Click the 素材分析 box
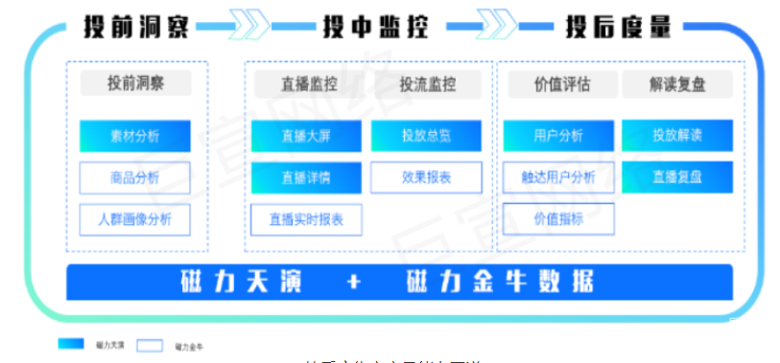click(x=135, y=136)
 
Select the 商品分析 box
click(x=135, y=177)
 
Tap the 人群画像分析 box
click(x=135, y=219)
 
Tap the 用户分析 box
click(x=558, y=136)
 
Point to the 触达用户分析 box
click(x=558, y=177)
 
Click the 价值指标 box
click(x=558, y=219)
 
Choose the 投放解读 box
click(x=677, y=136)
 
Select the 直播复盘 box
click(x=677, y=177)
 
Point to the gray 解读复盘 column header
click(x=677, y=84)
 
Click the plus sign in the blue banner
click(x=355, y=283)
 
